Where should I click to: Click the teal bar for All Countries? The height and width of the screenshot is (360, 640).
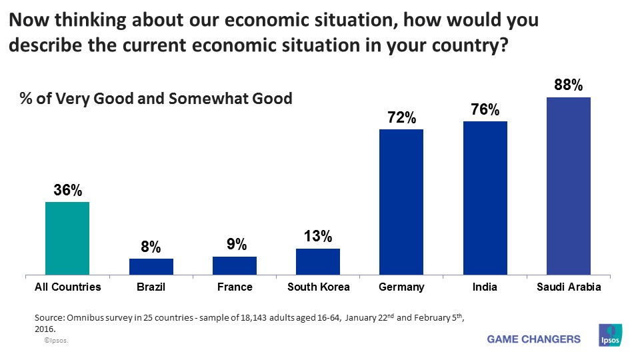[x=67, y=238]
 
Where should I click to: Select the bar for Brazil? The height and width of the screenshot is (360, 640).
[x=151, y=267]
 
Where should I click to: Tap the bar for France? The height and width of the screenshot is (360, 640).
[x=235, y=265]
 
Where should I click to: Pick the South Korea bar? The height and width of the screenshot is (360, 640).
[x=318, y=261]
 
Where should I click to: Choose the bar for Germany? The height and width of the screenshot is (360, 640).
[x=401, y=202]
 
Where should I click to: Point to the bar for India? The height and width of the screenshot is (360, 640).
[x=485, y=198]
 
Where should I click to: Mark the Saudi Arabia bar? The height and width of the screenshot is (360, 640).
[x=568, y=186]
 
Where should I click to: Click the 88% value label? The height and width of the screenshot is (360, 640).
[x=569, y=85]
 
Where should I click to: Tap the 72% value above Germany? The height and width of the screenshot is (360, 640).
[x=401, y=119]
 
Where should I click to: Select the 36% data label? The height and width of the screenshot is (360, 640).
[x=67, y=191]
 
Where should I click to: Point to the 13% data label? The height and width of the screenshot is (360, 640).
[x=318, y=237]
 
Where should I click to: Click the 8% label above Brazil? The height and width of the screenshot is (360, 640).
[x=151, y=247]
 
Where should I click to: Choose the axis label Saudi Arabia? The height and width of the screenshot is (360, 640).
[x=568, y=287]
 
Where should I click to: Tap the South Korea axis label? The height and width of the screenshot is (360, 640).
[x=318, y=287]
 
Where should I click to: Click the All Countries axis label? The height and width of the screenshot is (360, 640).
[x=67, y=287]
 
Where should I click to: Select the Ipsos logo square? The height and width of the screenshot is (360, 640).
[x=611, y=335]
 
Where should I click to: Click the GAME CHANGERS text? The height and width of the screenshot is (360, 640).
[x=533, y=339]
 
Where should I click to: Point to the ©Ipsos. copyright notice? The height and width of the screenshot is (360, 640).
[x=57, y=340]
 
